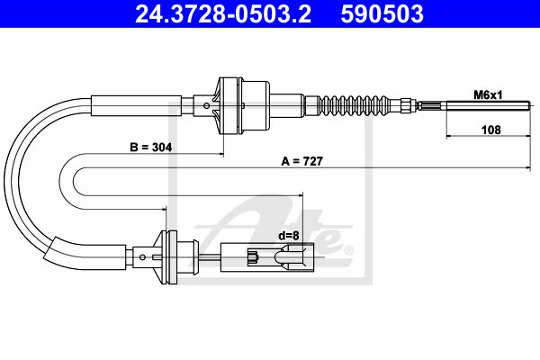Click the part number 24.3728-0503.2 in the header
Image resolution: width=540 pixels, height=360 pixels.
pyautogui.click(x=223, y=13)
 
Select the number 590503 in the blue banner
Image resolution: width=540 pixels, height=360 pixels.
pyautogui.click(x=382, y=13)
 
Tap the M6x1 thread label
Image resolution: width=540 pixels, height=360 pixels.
pyautogui.click(x=488, y=94)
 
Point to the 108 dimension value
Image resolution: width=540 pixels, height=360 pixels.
pyautogui.click(x=490, y=130)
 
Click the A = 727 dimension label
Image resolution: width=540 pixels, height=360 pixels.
pyautogui.click(x=302, y=161)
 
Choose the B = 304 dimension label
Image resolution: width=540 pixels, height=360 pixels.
pyautogui.click(x=151, y=147)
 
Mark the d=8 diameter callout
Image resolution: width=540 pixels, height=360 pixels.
pyautogui.click(x=289, y=236)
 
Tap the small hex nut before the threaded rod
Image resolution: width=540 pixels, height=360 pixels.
pyautogui.click(x=405, y=104)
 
